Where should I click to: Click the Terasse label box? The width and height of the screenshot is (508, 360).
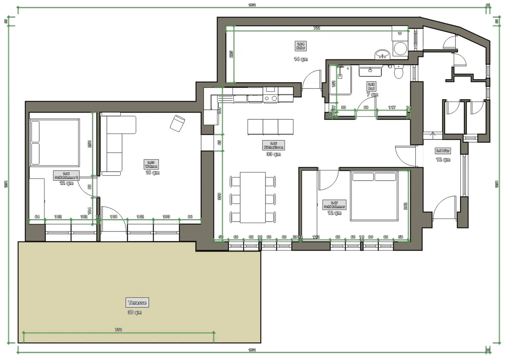coord(137,302)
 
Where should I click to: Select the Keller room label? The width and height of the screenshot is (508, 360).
coord(301,46)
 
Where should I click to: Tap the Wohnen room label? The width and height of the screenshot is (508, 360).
coord(151,164)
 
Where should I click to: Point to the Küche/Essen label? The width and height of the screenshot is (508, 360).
coord(273,145)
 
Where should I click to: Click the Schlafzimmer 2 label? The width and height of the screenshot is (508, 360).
coord(66,175)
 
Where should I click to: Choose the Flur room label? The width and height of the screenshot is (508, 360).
coord(443,151)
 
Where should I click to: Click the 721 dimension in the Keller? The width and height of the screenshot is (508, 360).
coord(317,28)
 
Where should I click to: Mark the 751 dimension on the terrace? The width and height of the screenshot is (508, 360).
coord(119,330)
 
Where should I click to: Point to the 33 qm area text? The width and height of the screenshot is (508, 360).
coord(273,154)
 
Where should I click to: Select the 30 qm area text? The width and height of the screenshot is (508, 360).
coord(135,312)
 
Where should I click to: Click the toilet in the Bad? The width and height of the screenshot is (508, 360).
coord(399,72)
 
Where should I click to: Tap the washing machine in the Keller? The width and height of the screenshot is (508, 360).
coord(400,49)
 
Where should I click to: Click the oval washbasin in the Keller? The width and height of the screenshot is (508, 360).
coord(382,54)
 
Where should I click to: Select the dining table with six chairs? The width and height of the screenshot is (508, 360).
coord(253,197)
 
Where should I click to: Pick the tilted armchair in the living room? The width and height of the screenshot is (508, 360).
coord(177,123)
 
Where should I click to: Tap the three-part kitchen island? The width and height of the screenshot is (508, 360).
coord(270,127)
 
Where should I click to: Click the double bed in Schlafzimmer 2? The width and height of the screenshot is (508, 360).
coord(55,143)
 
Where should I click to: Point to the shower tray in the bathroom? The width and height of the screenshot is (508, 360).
coord(340,80)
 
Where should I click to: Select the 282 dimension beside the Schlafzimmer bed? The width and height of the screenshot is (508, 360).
coord(405,206)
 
